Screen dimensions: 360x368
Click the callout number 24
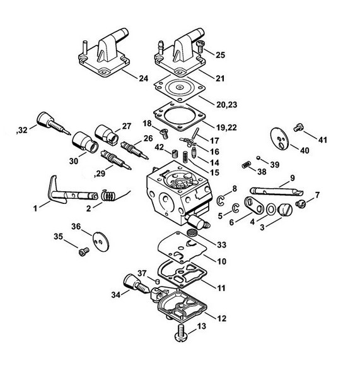(144, 78)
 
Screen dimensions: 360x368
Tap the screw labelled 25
(200, 46)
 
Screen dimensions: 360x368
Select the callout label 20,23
(226, 105)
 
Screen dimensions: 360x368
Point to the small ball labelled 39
(258, 158)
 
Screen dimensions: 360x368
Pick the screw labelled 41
(298, 128)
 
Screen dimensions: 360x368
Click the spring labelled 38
(247, 165)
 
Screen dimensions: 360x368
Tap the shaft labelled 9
(277, 191)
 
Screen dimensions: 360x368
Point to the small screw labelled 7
(301, 203)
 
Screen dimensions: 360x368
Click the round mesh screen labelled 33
(192, 232)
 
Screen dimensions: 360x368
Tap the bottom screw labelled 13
(181, 333)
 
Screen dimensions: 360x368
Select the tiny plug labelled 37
(158, 280)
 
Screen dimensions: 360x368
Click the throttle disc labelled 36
(101, 241)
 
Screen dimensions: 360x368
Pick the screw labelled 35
(84, 252)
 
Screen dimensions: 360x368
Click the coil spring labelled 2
(109, 195)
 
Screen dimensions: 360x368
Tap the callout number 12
(221, 319)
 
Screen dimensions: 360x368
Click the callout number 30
(74, 161)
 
